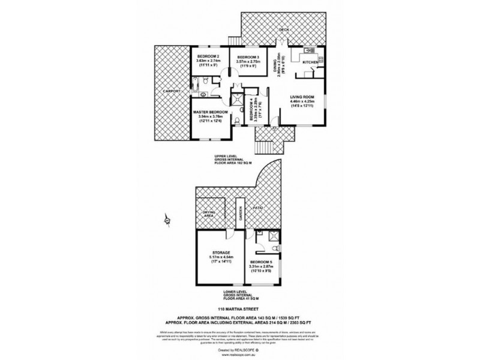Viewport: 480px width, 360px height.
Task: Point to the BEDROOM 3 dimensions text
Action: (x=248, y=64)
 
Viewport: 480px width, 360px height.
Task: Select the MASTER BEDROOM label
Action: (x=210, y=112)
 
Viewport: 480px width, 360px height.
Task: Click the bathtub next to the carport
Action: (x=205, y=94)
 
